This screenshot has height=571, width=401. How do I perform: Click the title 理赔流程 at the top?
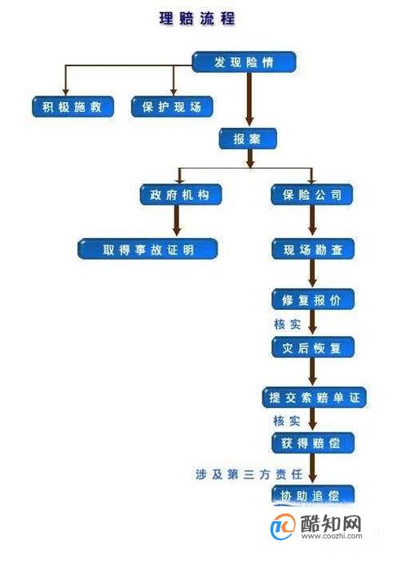pyautogui.click(x=197, y=19)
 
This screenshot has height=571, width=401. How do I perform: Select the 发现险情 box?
pyautogui.click(x=244, y=62)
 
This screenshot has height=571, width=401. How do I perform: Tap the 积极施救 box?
pyautogui.click(x=73, y=107)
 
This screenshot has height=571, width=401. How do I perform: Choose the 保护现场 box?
pyautogui.click(x=172, y=107)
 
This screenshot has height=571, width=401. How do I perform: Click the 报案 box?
pyautogui.click(x=248, y=139)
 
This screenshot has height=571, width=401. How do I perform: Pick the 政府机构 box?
pyautogui.click(x=180, y=194)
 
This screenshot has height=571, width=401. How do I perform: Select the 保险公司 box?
pyautogui.click(x=312, y=194)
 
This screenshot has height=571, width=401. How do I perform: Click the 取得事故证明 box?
pyautogui.click(x=148, y=249)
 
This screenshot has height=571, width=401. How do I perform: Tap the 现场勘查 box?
pyautogui.click(x=313, y=249)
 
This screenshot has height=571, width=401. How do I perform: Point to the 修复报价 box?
pyautogui.click(x=313, y=299)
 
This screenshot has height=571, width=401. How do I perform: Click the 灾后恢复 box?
pyautogui.click(x=313, y=347)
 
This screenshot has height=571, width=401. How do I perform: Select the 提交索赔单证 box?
pyautogui.click(x=314, y=397)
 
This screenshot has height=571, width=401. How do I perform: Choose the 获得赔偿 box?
pyautogui.click(x=313, y=443)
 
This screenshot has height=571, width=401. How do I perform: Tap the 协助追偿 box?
pyautogui.click(x=313, y=495)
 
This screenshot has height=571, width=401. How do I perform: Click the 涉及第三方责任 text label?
pyautogui.click(x=249, y=474)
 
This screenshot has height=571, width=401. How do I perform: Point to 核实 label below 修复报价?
pyautogui.click(x=287, y=324)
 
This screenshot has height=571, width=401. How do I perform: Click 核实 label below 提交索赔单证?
pyautogui.click(x=287, y=421)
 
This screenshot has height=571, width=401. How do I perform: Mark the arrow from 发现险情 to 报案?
pyautogui.click(x=249, y=100)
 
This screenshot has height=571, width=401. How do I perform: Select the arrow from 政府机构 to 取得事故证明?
pyautogui.click(x=177, y=220)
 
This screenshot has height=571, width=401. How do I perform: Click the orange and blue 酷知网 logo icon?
pyautogui.click(x=283, y=526)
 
